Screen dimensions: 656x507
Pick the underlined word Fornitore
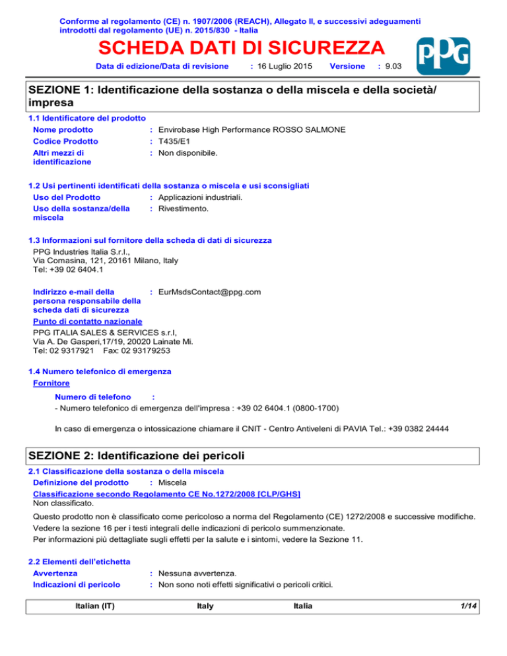(x=51, y=383)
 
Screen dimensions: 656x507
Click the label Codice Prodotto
(x=65, y=141)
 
